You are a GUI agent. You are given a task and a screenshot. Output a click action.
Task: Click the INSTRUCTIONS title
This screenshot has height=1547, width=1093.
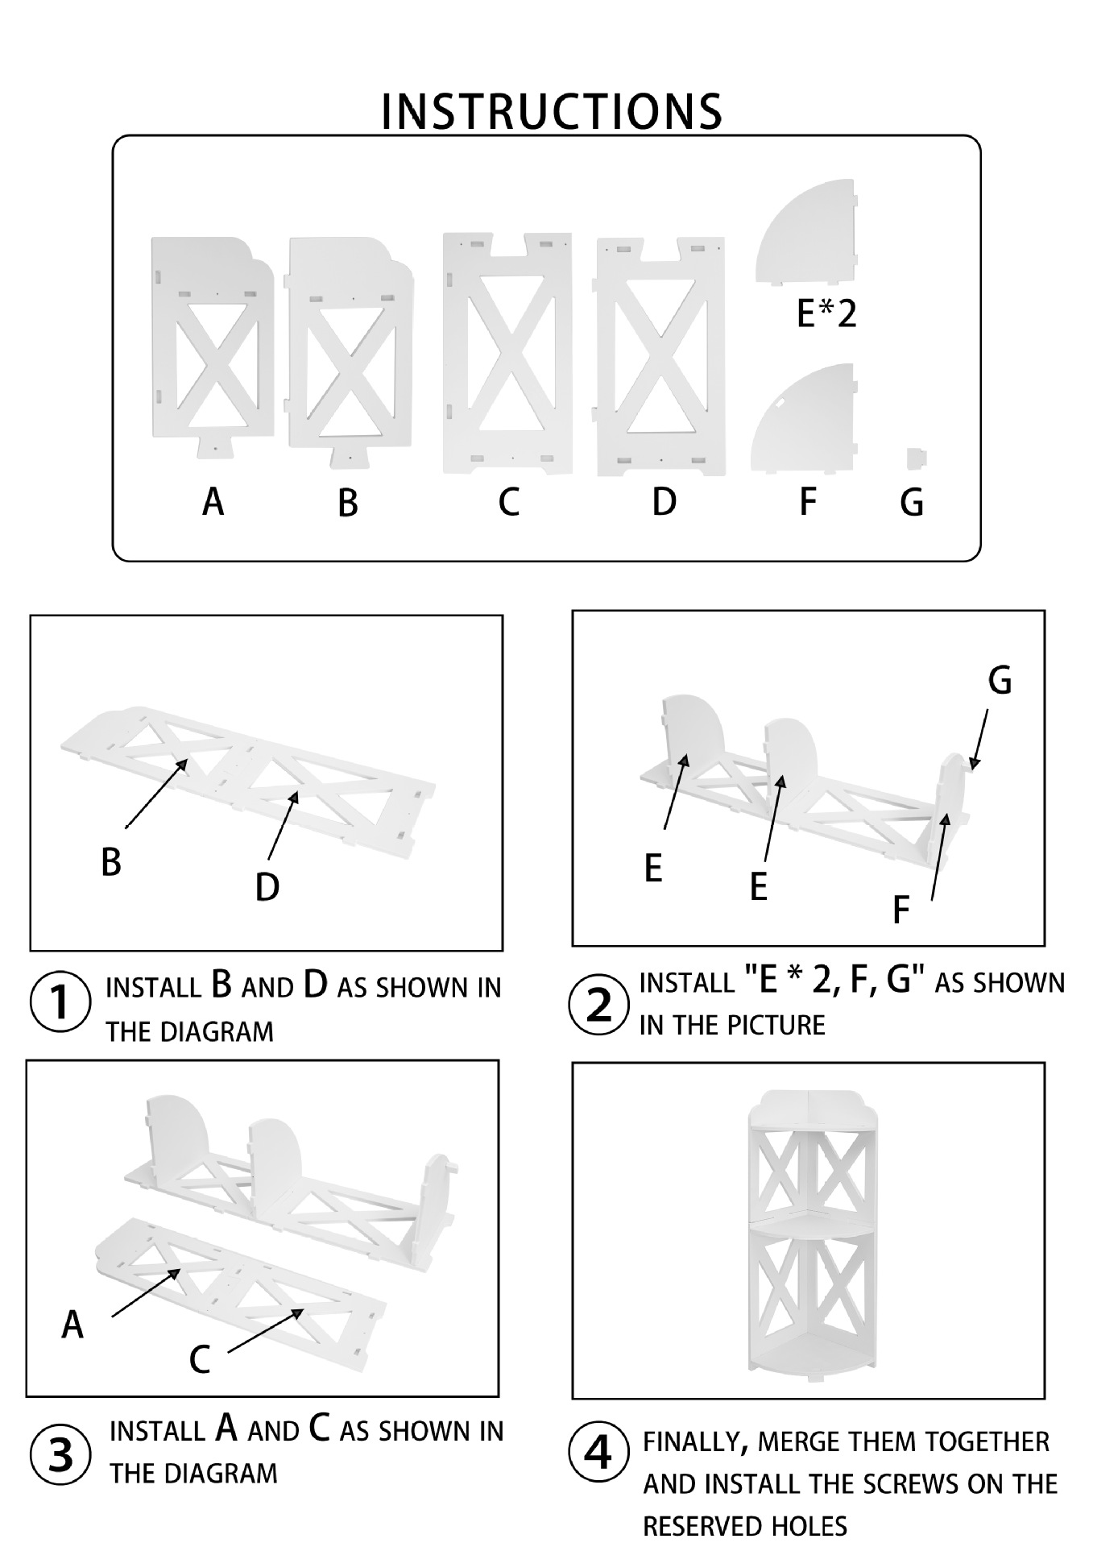(x=551, y=111)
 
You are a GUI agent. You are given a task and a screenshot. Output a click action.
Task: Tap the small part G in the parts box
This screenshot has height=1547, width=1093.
(x=916, y=458)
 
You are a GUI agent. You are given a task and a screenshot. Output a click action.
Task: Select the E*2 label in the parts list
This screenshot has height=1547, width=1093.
(x=826, y=313)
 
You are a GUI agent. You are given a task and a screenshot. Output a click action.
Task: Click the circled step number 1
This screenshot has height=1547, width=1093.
(x=60, y=1004)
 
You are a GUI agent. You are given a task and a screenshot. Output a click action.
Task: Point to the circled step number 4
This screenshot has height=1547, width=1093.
(x=598, y=1453)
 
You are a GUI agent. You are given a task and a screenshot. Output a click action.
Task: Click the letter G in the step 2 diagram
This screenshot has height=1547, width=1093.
(x=1000, y=681)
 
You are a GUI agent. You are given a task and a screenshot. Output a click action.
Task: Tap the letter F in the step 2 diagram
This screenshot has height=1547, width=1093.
(x=901, y=910)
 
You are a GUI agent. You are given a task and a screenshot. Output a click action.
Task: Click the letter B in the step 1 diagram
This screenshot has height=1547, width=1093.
(x=111, y=862)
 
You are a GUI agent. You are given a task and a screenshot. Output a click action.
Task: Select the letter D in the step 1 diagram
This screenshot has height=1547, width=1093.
(x=267, y=887)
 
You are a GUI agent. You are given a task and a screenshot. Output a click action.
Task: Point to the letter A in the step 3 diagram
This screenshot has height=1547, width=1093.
(x=72, y=1325)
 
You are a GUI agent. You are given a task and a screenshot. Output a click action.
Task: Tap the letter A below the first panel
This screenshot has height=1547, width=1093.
(x=213, y=502)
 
